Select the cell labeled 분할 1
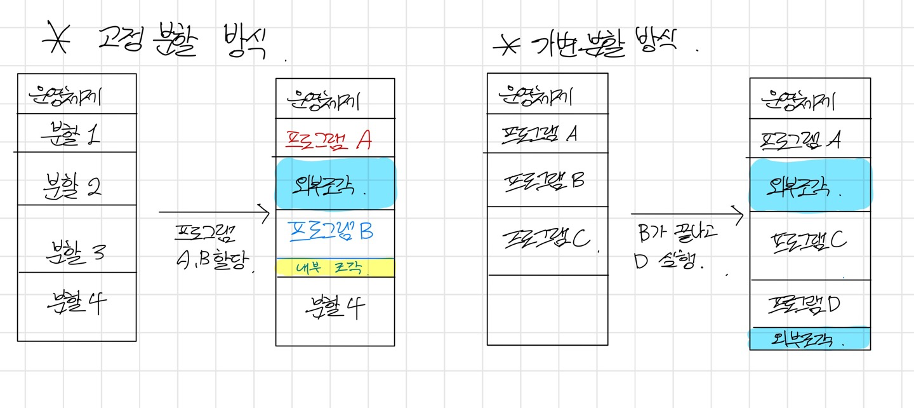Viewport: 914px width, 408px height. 76,133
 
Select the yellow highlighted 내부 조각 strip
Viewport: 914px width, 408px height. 335,268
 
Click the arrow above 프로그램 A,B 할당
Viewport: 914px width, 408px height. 215,212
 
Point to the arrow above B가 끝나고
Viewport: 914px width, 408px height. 687,215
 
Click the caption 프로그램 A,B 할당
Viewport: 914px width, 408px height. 206,248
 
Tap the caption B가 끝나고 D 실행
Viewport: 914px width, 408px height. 675,248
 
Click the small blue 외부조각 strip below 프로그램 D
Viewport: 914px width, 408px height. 809,338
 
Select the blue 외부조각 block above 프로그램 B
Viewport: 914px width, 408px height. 335,182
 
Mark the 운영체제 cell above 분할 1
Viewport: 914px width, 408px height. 76,95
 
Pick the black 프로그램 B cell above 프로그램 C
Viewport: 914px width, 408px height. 547,180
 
